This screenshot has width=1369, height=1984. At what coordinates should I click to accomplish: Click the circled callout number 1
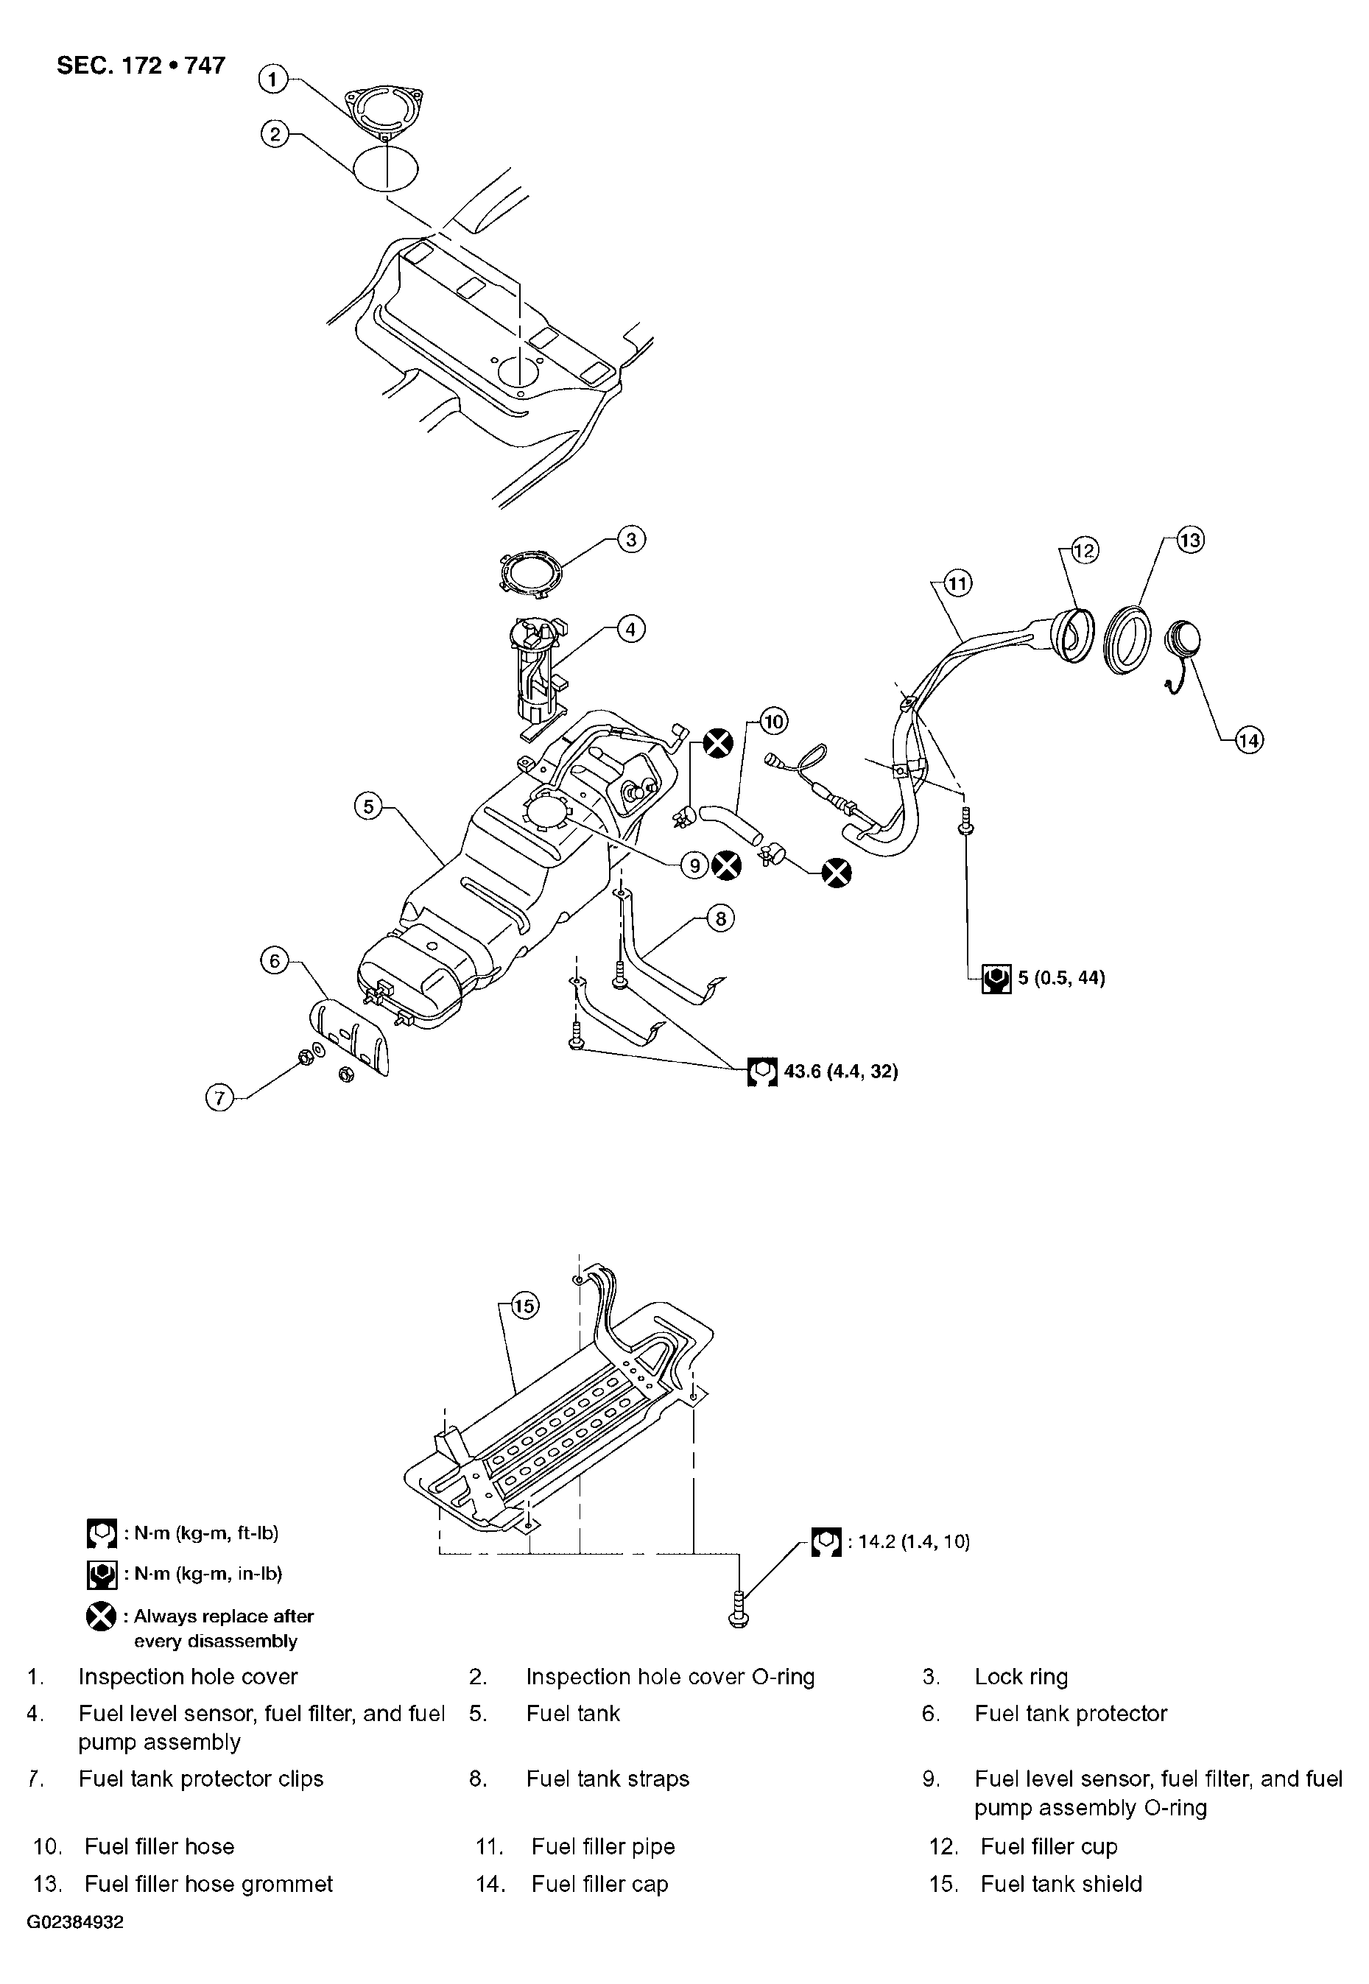[x=272, y=80]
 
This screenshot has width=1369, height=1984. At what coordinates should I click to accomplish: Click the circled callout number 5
[x=368, y=806]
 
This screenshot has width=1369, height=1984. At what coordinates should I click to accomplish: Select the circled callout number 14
[x=1249, y=739]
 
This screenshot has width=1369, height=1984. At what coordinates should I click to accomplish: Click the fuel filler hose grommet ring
[x=1129, y=639]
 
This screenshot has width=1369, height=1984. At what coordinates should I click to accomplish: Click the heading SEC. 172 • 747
[x=141, y=66]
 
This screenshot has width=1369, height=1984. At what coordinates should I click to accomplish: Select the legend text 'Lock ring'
[x=1021, y=1677]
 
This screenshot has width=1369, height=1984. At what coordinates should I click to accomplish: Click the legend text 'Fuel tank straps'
[x=608, y=1779]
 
